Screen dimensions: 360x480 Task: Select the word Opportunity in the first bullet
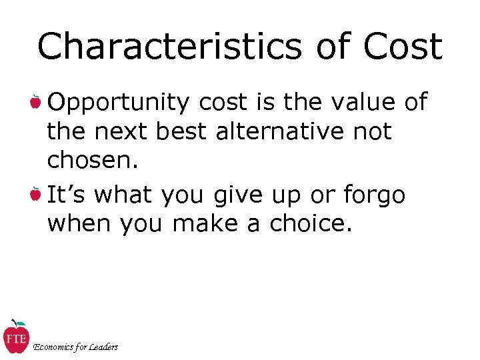(x=119, y=103)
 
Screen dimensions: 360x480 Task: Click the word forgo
(x=374, y=195)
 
